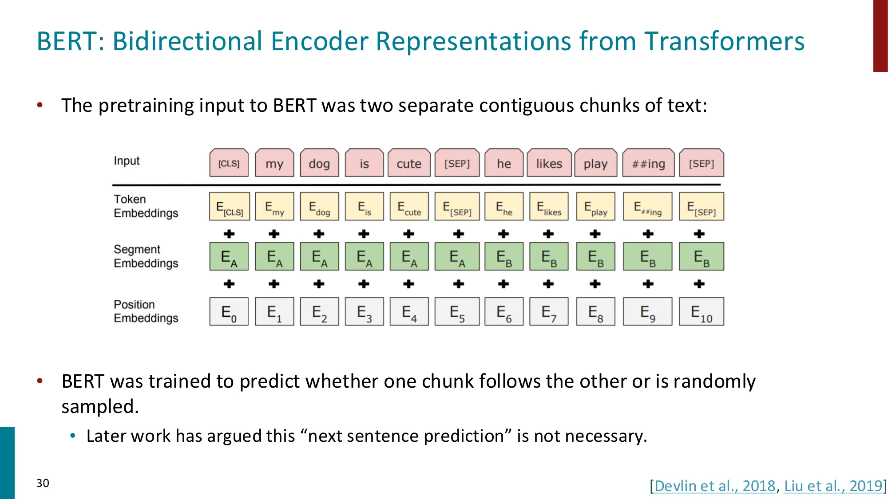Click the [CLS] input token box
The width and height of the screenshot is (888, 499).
[229, 163]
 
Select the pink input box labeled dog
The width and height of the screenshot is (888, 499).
[319, 163]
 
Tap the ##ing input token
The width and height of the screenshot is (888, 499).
[648, 163]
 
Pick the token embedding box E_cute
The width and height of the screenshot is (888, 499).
[409, 207]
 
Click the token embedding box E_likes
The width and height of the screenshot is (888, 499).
[549, 207]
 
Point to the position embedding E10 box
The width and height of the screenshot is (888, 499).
[701, 312]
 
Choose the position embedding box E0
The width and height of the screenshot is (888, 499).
[229, 312]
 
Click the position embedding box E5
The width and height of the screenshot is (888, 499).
[457, 312]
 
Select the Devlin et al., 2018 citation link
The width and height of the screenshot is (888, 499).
[715, 486]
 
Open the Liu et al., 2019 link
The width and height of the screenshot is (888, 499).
[833, 486]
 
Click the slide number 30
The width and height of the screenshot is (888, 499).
[43, 483]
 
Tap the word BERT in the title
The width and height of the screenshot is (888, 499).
[70, 41]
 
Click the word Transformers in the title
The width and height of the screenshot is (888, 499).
[724, 41]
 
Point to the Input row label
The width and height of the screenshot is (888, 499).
[127, 161]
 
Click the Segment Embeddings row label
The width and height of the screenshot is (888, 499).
[146, 256]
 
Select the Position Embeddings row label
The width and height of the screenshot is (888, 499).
[146, 311]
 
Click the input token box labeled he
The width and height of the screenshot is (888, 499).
[503, 163]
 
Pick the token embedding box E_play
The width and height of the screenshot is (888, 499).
[595, 207]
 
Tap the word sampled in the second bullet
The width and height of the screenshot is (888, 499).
[100, 406]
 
